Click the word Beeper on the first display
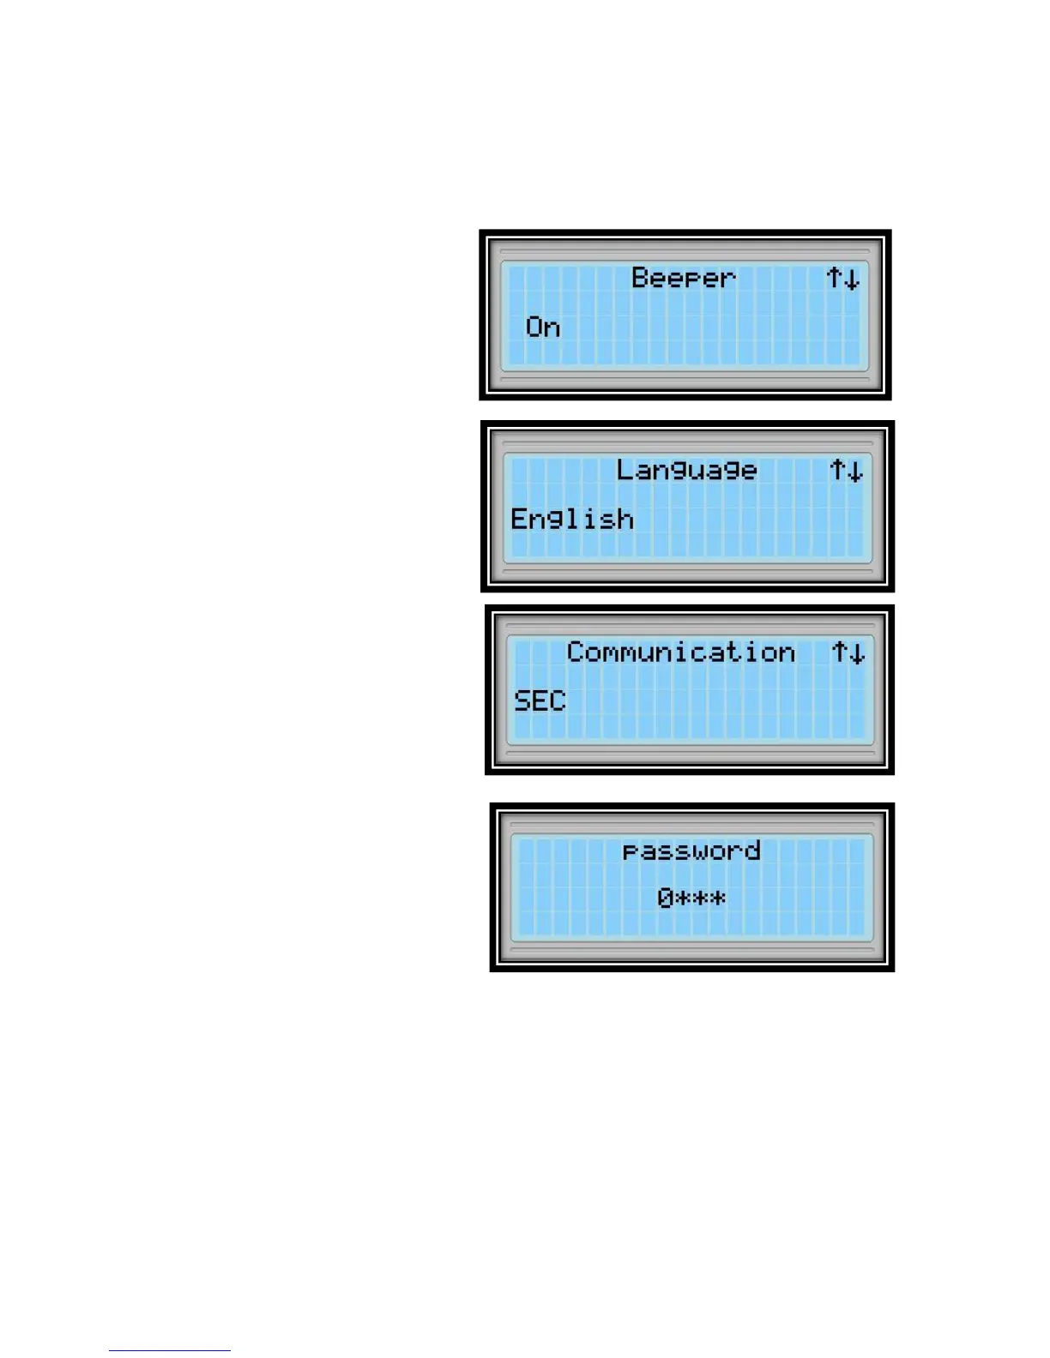(684, 278)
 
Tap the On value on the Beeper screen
(543, 327)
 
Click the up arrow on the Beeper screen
(834, 278)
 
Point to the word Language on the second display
(686, 470)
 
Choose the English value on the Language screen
(572, 519)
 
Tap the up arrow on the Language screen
(837, 470)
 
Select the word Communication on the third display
(680, 652)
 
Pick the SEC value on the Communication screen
(540, 700)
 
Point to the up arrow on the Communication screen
(840, 652)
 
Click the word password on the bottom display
(691, 850)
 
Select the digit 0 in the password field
(666, 898)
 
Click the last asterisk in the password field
(718, 898)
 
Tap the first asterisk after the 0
(684, 898)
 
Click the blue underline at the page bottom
(170, 1350)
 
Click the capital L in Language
(625, 469)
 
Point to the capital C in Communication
(576, 652)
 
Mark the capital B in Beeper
(640, 277)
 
